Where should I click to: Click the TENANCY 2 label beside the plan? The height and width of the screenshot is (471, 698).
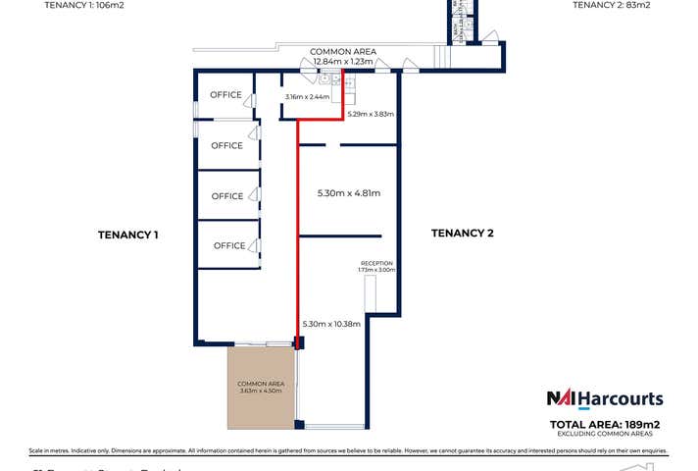463,233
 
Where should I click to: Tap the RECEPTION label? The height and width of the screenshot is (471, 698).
377,263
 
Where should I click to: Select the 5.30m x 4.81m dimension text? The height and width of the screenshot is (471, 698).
348,192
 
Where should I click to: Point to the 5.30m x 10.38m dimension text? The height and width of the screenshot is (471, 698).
332,324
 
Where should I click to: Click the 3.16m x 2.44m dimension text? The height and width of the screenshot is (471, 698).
306,97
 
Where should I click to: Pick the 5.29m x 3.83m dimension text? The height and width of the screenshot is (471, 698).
371,114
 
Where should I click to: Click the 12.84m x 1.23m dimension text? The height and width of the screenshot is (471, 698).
342,61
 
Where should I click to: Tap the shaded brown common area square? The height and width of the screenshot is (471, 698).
263,387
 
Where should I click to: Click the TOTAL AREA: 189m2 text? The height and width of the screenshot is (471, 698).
605,423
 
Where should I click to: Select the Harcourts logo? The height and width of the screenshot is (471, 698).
605,399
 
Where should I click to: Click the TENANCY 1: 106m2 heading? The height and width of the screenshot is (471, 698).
84,5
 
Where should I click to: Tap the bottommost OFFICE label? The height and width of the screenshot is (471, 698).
228,245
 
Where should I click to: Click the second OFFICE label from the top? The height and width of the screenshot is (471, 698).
227,145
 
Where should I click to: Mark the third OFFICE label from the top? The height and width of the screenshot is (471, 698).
227,196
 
